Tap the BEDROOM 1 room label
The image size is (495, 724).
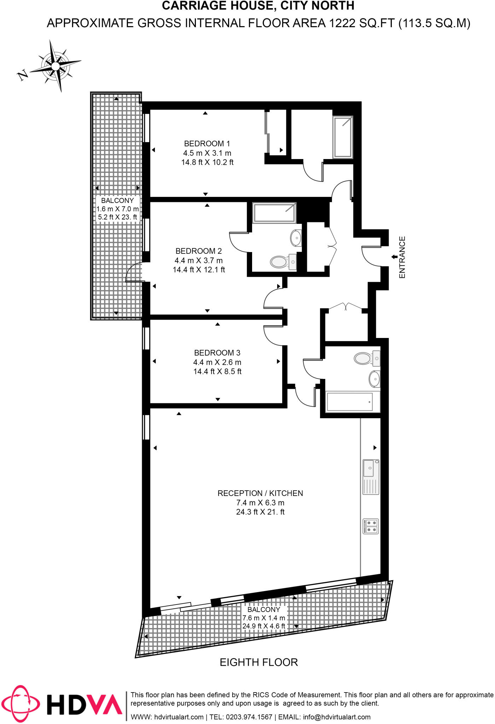(207, 144)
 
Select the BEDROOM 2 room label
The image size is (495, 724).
(198, 251)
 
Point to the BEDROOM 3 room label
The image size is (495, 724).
(217, 353)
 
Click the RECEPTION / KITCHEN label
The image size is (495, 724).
(260, 493)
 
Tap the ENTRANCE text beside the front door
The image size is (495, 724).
(402, 257)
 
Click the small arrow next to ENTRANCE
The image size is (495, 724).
(394, 257)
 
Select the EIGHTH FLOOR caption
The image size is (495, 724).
(259, 662)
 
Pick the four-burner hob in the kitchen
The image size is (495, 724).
(371, 526)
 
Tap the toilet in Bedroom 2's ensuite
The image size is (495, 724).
(279, 262)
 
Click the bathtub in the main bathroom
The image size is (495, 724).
(350, 402)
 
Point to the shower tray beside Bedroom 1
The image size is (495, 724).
(343, 137)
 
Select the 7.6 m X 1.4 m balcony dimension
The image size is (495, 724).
(263, 618)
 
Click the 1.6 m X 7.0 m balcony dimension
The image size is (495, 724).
(117, 209)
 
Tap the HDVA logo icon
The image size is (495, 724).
(20, 704)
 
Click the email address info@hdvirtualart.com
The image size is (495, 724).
(337, 717)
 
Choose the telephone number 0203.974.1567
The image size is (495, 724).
(249, 717)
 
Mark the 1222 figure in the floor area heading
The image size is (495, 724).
(342, 23)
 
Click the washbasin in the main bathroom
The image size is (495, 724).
(374, 379)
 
